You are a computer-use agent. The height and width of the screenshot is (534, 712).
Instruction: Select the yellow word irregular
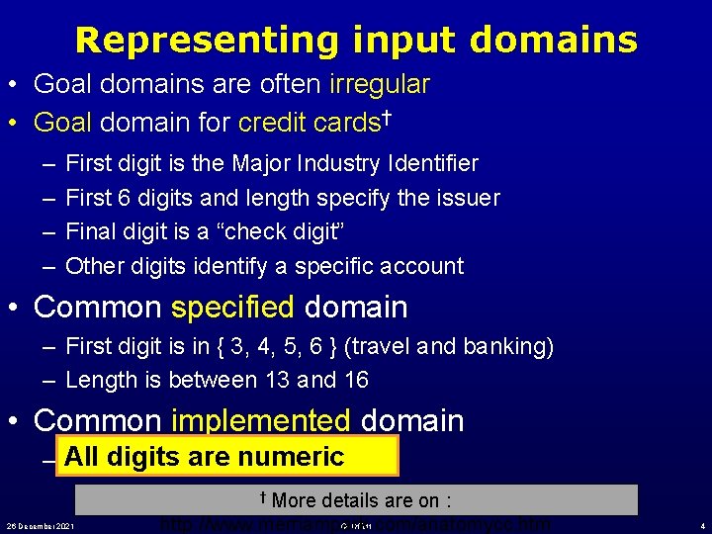pyautogui.click(x=380, y=85)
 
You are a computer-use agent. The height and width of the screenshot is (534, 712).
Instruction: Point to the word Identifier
pyautogui.click(x=431, y=163)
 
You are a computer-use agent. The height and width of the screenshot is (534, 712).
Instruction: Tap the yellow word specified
pyautogui.click(x=232, y=308)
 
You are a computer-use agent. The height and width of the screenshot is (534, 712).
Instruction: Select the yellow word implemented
pyautogui.click(x=261, y=420)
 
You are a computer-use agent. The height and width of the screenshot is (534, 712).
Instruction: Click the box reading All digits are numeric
pyautogui.click(x=227, y=457)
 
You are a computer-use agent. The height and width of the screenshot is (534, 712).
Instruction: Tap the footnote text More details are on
pyautogui.click(x=362, y=499)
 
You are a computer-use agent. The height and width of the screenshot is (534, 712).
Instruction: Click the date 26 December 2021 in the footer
pyautogui.click(x=42, y=524)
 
